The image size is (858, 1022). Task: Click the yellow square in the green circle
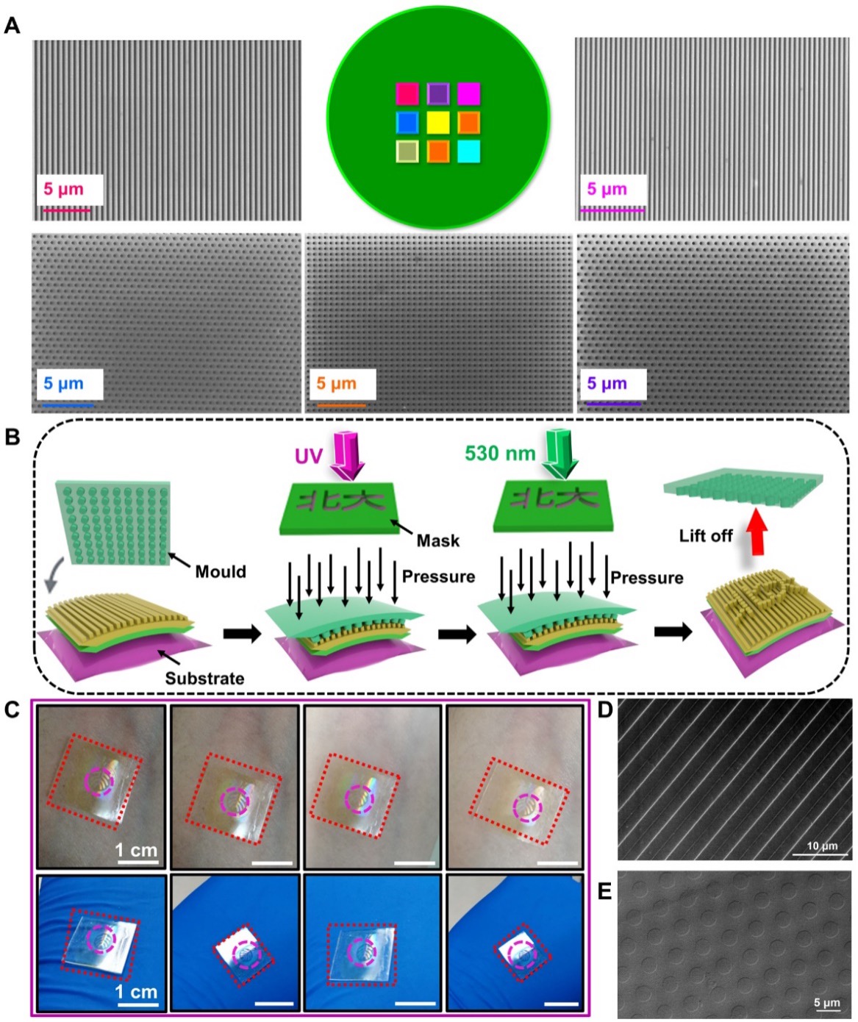pos(438,122)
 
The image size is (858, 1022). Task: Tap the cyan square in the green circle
pos(468,151)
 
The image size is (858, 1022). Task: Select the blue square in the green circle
pos(407,122)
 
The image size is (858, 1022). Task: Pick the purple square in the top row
pos(438,93)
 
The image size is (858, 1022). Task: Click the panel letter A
pos(12,26)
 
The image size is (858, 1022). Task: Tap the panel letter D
pos(605,710)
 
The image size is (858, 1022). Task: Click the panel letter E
pos(605,891)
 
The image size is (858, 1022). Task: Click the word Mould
pos(221,571)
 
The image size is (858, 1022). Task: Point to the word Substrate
pos(204,678)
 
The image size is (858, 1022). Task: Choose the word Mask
pos(437,540)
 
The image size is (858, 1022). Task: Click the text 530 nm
pos(500,453)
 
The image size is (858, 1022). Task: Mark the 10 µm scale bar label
pos(822,846)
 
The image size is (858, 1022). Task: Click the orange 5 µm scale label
pos(337,383)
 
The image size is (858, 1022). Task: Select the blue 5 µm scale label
pos(63,383)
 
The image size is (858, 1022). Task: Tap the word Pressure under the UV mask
pos(438,576)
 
